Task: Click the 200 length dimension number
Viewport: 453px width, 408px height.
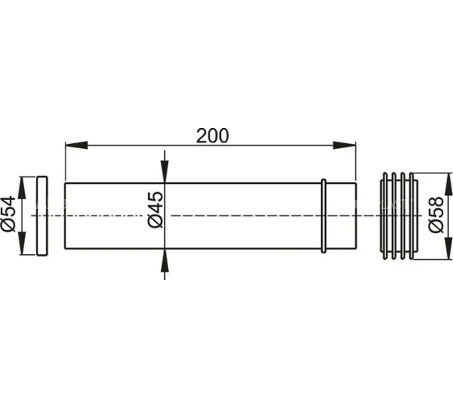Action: (212, 136)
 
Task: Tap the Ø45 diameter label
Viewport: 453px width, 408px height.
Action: (155, 210)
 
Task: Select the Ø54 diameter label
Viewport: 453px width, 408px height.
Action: (8, 214)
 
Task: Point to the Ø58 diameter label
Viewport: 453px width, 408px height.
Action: (436, 215)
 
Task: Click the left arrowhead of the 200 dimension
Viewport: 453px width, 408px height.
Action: (76, 145)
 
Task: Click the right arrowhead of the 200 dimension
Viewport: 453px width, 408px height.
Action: (345, 145)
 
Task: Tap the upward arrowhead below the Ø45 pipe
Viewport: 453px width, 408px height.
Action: (165, 260)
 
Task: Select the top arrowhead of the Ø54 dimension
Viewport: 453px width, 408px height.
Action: (22, 188)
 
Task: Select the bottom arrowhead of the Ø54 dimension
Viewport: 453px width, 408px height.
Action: (22, 244)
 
